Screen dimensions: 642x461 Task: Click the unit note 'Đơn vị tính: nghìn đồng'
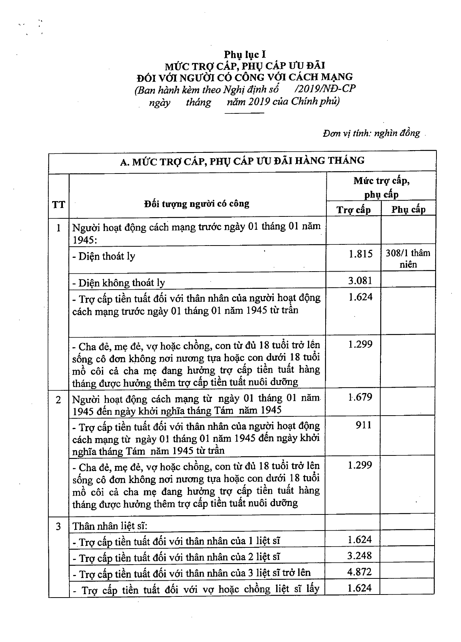point(371,133)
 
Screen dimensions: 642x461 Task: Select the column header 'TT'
point(58,204)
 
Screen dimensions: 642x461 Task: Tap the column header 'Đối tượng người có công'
point(197,203)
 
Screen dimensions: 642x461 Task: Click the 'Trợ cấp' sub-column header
point(354,210)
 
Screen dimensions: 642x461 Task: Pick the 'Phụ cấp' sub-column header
point(408,210)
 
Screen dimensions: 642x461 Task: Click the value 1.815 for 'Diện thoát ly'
point(361,254)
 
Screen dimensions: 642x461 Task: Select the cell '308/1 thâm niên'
point(408,259)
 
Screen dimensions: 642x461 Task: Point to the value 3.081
point(361,281)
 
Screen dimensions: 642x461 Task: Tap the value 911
point(363,425)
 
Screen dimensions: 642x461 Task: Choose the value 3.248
point(360,556)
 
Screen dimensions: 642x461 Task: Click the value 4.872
point(360,572)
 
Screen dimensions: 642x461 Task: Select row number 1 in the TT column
point(58,228)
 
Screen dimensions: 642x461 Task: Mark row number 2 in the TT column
point(58,400)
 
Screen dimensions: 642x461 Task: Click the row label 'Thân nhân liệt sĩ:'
point(110,526)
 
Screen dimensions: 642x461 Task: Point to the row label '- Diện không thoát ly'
point(119,283)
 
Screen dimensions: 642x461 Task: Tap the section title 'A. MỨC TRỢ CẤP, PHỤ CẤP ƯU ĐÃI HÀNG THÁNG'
point(242,161)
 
